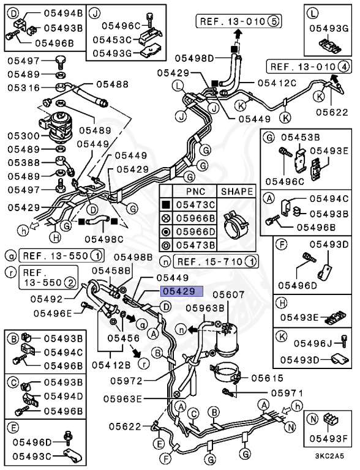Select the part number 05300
23,135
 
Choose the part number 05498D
194,58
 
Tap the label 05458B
111,270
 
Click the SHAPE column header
236,192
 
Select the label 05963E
122,399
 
